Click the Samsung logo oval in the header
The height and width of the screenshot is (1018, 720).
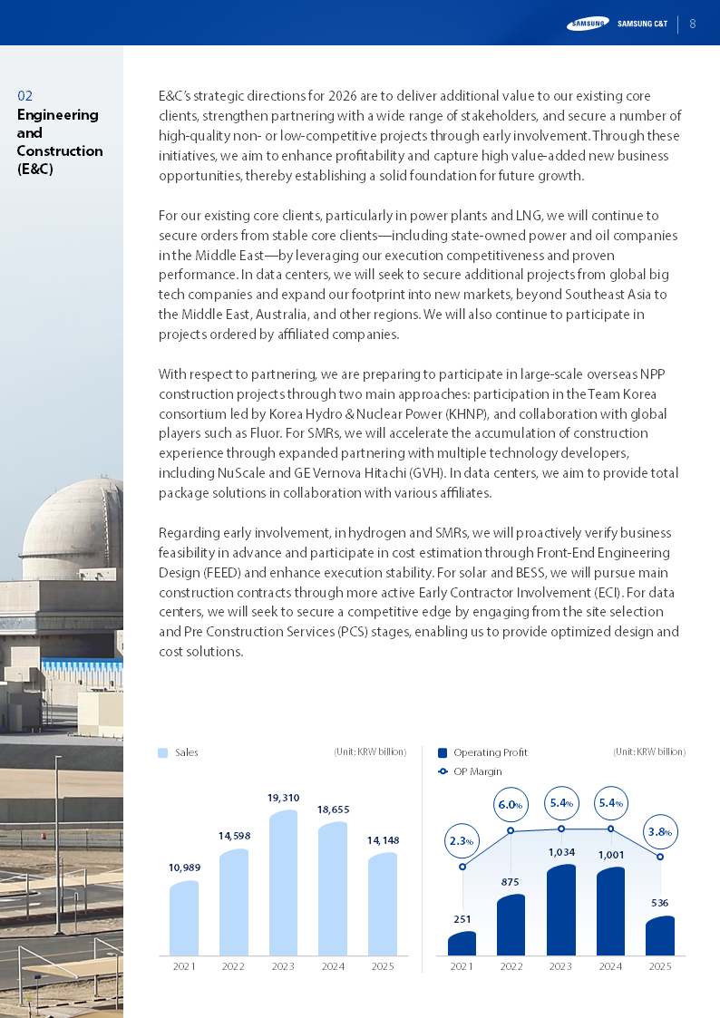588,24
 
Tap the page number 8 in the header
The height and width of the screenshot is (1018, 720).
693,24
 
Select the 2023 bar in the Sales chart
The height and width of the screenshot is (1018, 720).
283,883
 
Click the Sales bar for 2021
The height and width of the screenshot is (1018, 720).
184,918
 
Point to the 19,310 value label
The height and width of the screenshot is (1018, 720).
283,798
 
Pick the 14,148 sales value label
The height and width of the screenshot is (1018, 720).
383,840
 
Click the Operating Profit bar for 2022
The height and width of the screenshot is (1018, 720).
511,925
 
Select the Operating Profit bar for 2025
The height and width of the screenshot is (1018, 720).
659,936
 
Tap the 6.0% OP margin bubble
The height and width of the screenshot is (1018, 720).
511,804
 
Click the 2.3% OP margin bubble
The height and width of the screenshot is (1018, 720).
462,841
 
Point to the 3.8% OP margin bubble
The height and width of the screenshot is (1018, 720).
659,831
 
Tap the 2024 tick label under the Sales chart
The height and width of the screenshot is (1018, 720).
333,966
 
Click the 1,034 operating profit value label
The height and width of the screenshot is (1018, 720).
561,852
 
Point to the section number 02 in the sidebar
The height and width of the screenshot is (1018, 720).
25,95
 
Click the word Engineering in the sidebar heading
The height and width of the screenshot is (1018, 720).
57,114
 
